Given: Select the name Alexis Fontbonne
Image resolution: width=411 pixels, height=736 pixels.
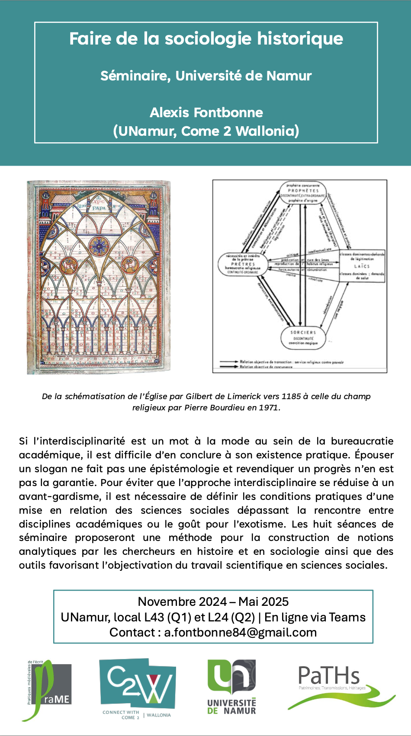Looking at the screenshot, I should click(206, 112).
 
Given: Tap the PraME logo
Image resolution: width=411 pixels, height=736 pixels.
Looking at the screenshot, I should click(48, 690).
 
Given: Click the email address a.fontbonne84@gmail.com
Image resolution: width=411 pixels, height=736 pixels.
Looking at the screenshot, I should click(240, 632).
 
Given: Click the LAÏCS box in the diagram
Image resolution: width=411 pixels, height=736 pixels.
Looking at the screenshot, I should click(362, 266).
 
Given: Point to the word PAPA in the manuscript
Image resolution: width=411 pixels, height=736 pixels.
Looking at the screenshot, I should click(99, 208).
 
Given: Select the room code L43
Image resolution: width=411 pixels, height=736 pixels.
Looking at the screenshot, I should click(154, 617).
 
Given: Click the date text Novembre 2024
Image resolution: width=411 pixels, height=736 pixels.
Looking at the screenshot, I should click(182, 602).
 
